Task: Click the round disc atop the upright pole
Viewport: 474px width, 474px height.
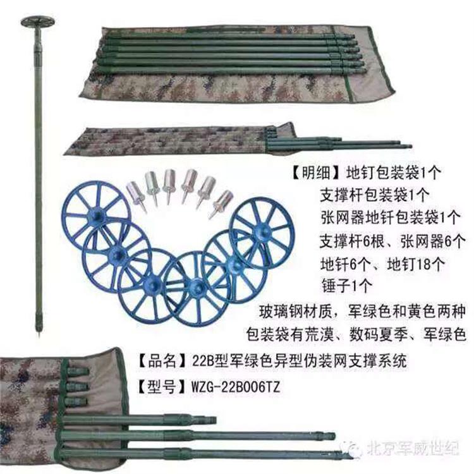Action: pyautogui.click(x=37, y=22)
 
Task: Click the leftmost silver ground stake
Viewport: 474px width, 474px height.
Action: pyautogui.click(x=135, y=195)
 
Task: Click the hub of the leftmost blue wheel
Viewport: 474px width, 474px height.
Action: pyautogui.click(x=97, y=216)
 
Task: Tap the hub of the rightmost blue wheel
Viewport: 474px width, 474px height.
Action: pyautogui.click(x=262, y=231)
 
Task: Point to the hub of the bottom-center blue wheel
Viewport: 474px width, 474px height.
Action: pyautogui.click(x=196, y=286)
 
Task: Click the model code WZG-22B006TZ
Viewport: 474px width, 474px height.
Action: pyautogui.click(x=236, y=387)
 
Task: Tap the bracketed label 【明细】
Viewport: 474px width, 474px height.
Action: pyautogui.click(x=315, y=174)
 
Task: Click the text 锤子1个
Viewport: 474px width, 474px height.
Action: pyautogui.click(x=346, y=286)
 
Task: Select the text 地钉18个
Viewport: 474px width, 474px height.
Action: pyautogui.click(x=416, y=264)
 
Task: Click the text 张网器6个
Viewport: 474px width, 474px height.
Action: pyautogui.click(x=433, y=241)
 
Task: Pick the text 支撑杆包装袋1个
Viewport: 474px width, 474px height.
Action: pyautogui.click(x=375, y=195)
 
